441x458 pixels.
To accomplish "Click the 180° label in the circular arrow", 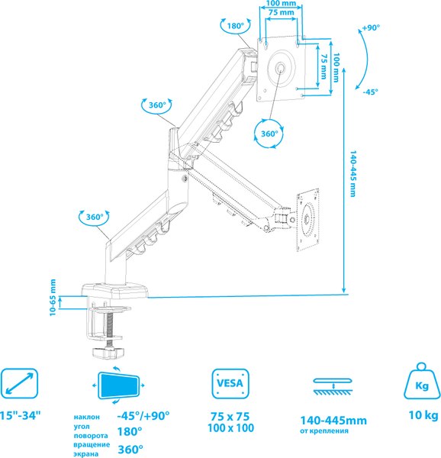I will [x=235, y=26].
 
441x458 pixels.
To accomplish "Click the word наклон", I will [x=87, y=417].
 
